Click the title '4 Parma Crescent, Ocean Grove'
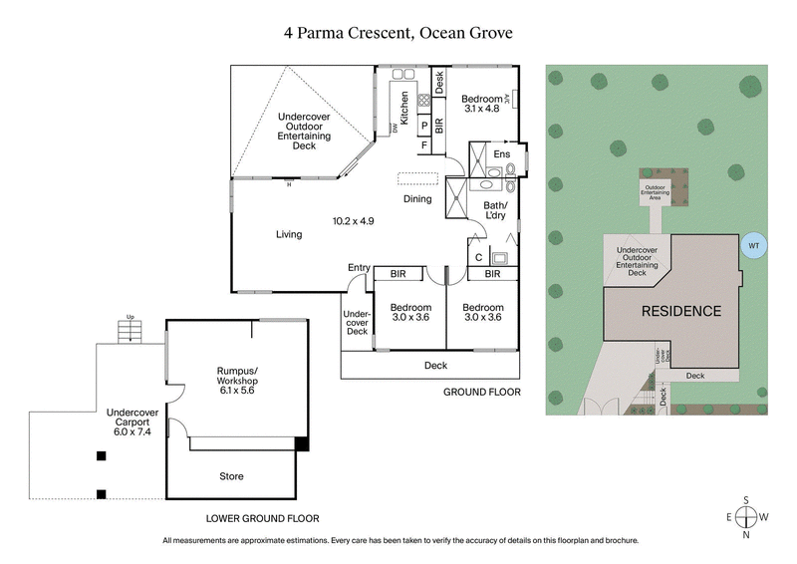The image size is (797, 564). pyautogui.click(x=398, y=33)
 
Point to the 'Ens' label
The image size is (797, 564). pyautogui.click(x=502, y=154)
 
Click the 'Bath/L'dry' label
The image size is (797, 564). pyautogui.click(x=495, y=211)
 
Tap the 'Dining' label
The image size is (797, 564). pyautogui.click(x=417, y=198)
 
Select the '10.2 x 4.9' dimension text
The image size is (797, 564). pyautogui.click(x=353, y=220)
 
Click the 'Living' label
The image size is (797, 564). pyautogui.click(x=289, y=234)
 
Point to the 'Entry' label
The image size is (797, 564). pyautogui.click(x=358, y=267)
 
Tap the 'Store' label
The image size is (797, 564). pyautogui.click(x=231, y=476)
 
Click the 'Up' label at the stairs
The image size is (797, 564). pyautogui.click(x=130, y=319)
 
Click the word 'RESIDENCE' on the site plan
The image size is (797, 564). pyautogui.click(x=680, y=311)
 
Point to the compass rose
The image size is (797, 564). pyautogui.click(x=746, y=516)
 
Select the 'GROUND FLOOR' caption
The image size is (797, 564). pyautogui.click(x=482, y=393)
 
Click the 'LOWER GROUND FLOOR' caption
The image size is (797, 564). pyautogui.click(x=262, y=518)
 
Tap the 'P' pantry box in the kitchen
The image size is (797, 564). pyautogui.click(x=424, y=126)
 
